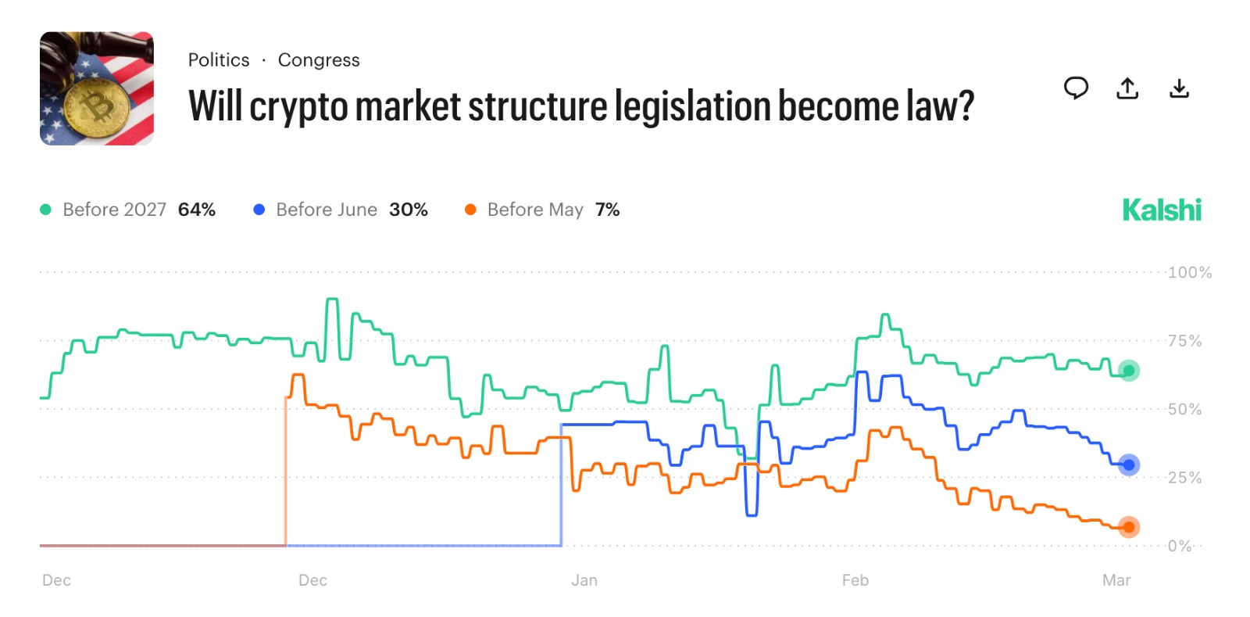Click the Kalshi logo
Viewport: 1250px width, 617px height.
pyautogui.click(x=1162, y=210)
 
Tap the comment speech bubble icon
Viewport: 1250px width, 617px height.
pyautogui.click(x=1076, y=88)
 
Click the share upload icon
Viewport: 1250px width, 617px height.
pyautogui.click(x=1127, y=88)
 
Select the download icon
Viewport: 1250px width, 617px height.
pyautogui.click(x=1179, y=88)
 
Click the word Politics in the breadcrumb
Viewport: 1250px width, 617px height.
pyautogui.click(x=219, y=60)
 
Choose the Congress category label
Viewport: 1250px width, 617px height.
pyautogui.click(x=319, y=60)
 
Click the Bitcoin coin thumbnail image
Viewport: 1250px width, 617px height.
pyautogui.click(x=97, y=88)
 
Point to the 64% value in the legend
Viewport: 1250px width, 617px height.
pyautogui.click(x=197, y=210)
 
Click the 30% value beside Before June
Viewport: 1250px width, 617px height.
pyautogui.click(x=409, y=210)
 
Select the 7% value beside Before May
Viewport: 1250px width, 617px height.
pyautogui.click(x=607, y=210)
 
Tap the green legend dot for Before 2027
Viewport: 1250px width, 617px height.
pyautogui.click(x=46, y=210)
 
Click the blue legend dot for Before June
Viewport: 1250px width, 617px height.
pyautogui.click(x=259, y=210)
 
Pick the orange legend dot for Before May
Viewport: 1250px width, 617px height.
pyautogui.click(x=470, y=210)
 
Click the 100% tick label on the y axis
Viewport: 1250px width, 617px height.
pyautogui.click(x=1189, y=273)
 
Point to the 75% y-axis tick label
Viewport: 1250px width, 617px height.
pyautogui.click(x=1184, y=341)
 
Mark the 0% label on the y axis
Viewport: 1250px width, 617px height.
pyautogui.click(x=1180, y=546)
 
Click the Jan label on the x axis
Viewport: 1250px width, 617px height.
pyautogui.click(x=584, y=580)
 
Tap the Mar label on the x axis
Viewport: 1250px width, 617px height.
pyautogui.click(x=1116, y=580)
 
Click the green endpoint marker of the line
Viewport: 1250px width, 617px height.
pyautogui.click(x=1128, y=371)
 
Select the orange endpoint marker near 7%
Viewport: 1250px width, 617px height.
pyautogui.click(x=1128, y=527)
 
